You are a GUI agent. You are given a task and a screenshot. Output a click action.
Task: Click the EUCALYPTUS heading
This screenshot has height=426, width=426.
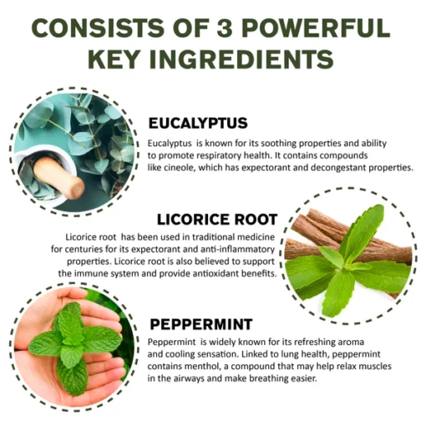click(198, 123)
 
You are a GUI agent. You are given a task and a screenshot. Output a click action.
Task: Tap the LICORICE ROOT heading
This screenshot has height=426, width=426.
click(217, 219)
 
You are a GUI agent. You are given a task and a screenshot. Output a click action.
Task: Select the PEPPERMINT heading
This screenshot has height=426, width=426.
click(201, 324)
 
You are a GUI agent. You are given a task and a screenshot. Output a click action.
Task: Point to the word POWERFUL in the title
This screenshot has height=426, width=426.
click(316, 28)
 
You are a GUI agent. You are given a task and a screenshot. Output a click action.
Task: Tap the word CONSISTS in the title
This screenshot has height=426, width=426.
click(98, 28)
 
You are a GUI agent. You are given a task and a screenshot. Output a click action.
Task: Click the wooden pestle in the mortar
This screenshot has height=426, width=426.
click(58, 177)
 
